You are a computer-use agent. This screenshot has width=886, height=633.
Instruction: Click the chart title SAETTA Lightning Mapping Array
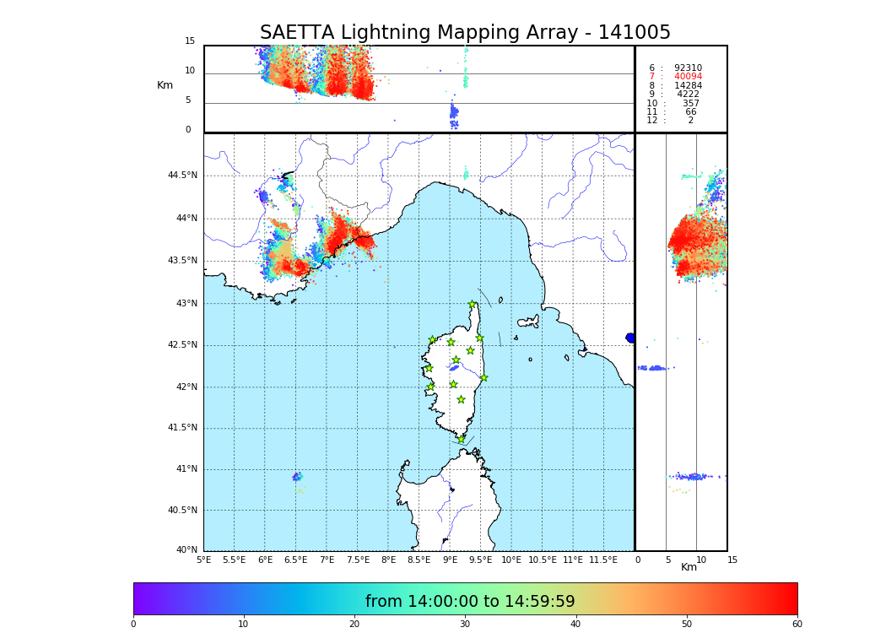point(465,33)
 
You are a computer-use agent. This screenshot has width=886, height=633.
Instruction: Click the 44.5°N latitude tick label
point(182,176)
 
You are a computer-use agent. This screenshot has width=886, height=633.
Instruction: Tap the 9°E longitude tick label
point(450,560)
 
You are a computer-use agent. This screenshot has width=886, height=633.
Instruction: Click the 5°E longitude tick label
point(204,560)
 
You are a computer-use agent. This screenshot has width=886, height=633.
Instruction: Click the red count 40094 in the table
point(688,77)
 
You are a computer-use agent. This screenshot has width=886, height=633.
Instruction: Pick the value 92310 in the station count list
point(688,68)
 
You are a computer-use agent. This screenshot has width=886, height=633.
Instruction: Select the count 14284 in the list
point(688,86)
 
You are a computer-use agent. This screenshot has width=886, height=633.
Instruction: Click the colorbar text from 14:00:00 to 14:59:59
point(470,602)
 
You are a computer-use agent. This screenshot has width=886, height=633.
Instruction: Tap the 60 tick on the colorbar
point(797,625)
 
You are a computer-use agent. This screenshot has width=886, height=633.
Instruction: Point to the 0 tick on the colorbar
point(133,625)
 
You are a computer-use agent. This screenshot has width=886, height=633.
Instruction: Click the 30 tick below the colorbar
point(465,625)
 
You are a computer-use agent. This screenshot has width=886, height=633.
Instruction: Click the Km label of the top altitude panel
point(165,85)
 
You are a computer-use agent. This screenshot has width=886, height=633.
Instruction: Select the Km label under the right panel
point(689,567)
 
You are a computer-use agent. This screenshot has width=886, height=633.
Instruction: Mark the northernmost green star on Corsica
point(473,305)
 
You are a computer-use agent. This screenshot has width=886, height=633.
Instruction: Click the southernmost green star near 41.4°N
point(461,439)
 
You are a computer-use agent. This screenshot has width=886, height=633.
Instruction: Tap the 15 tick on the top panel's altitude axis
point(190,41)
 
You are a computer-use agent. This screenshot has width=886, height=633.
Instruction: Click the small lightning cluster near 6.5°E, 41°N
point(297,477)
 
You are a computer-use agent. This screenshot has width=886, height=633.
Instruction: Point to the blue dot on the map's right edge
point(630,338)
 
